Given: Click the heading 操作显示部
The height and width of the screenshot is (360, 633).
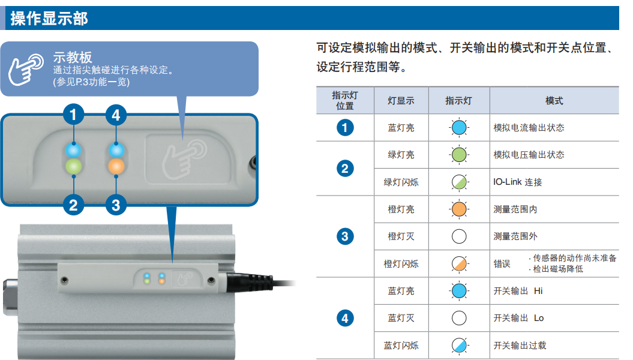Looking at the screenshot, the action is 49,19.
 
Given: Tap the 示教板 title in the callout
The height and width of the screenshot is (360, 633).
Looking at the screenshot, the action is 73,57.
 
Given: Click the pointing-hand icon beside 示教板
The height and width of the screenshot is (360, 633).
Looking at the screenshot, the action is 26,70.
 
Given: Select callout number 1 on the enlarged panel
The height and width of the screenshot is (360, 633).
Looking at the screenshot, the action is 73,115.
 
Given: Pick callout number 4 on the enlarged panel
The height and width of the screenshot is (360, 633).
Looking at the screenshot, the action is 116,115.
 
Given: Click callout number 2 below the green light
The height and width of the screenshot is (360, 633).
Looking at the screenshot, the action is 73,205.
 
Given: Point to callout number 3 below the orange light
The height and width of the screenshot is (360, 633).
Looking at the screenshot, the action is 116,205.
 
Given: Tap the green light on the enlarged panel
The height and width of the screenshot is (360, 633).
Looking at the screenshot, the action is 73,166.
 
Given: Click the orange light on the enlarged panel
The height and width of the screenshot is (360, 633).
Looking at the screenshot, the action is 116,166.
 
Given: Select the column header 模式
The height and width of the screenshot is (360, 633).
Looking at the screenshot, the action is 554,101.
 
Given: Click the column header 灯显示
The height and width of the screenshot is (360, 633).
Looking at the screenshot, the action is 401,101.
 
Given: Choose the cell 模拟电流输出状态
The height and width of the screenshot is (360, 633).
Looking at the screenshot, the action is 529,128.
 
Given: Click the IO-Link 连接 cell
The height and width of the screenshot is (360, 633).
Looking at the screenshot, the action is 518,182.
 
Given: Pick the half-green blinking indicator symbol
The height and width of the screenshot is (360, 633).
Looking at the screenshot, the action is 459,182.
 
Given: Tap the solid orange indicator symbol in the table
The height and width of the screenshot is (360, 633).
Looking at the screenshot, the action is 459,209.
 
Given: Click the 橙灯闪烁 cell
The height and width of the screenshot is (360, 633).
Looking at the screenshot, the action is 401,264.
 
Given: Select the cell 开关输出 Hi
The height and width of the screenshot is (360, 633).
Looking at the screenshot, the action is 518,291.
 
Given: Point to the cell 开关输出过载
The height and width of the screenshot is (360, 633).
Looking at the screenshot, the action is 520,346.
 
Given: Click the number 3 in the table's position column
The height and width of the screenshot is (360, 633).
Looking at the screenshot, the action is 345,236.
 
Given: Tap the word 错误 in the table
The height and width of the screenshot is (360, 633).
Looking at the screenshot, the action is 502,264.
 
